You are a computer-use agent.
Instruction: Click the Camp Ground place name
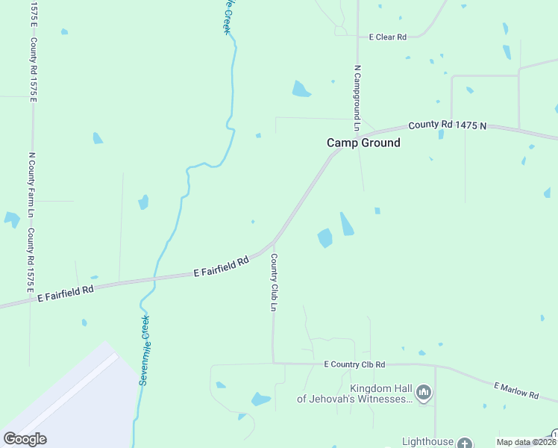click(x=363, y=143)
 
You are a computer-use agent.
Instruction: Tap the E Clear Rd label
click(x=387, y=37)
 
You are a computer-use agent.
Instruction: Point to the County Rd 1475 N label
click(x=447, y=125)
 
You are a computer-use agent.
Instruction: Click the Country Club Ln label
click(x=275, y=283)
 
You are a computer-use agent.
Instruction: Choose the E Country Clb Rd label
click(x=354, y=364)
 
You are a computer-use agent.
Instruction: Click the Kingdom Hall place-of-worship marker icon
click(x=424, y=392)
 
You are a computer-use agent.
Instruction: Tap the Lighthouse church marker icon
click(x=465, y=444)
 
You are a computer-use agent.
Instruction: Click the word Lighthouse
click(x=427, y=442)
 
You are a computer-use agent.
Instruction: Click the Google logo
click(x=25, y=439)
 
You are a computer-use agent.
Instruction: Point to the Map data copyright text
click(x=526, y=442)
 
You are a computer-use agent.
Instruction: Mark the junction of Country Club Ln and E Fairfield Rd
click(x=274, y=242)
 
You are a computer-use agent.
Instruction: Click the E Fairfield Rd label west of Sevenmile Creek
click(x=66, y=293)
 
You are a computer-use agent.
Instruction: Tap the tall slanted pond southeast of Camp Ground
click(x=348, y=224)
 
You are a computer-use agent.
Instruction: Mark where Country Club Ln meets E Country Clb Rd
click(x=274, y=363)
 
